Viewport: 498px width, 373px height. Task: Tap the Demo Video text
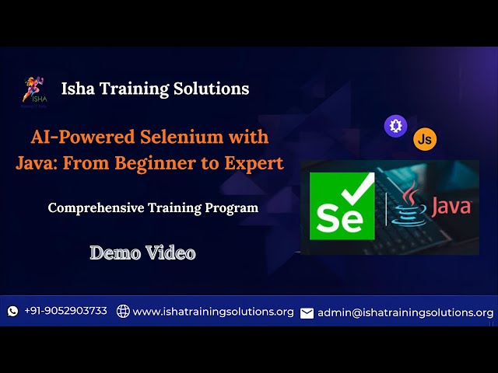[x=142, y=253]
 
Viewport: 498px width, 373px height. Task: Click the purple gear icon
[x=396, y=126]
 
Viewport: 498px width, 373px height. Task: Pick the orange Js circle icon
[x=425, y=139]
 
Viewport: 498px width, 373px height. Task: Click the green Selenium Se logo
[x=340, y=206]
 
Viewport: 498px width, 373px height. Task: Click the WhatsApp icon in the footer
[x=12, y=311]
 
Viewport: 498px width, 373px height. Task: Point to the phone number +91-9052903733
[x=65, y=311]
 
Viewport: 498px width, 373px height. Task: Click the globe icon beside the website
[x=123, y=311]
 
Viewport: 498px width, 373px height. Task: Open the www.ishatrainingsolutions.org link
[x=213, y=312]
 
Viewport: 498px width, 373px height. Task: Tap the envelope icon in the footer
[x=307, y=312]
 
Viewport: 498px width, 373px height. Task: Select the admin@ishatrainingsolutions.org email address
[x=405, y=312]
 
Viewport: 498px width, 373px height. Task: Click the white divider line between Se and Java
[x=386, y=207]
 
